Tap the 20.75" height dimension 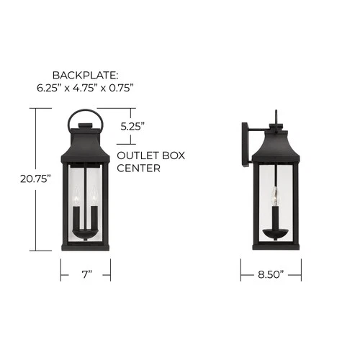pyautogui.click(x=35, y=179)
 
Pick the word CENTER pyautogui.click(x=138, y=168)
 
